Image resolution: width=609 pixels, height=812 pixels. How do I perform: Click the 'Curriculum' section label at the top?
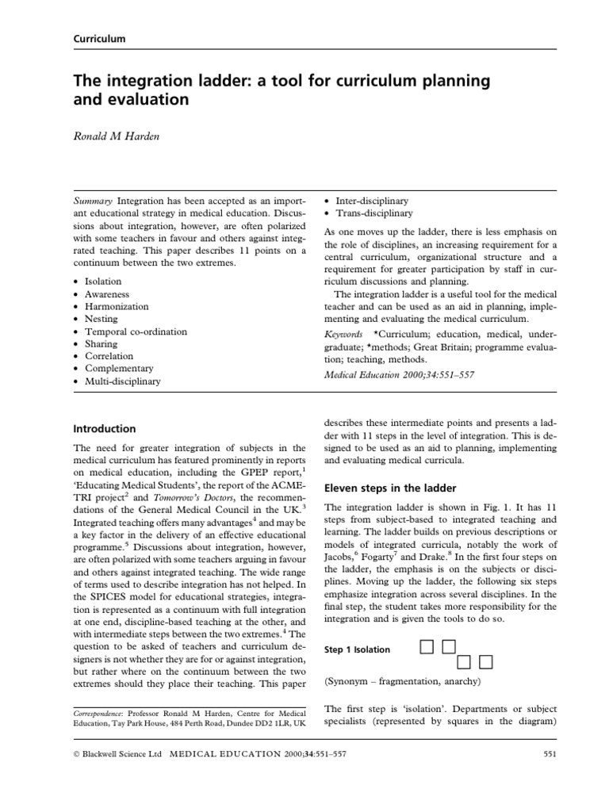click(x=99, y=38)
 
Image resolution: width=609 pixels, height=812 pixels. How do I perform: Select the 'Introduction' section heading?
click(x=104, y=428)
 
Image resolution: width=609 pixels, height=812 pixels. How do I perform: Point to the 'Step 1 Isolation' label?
click(x=357, y=649)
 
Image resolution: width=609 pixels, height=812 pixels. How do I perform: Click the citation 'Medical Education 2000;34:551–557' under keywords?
click(x=400, y=374)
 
